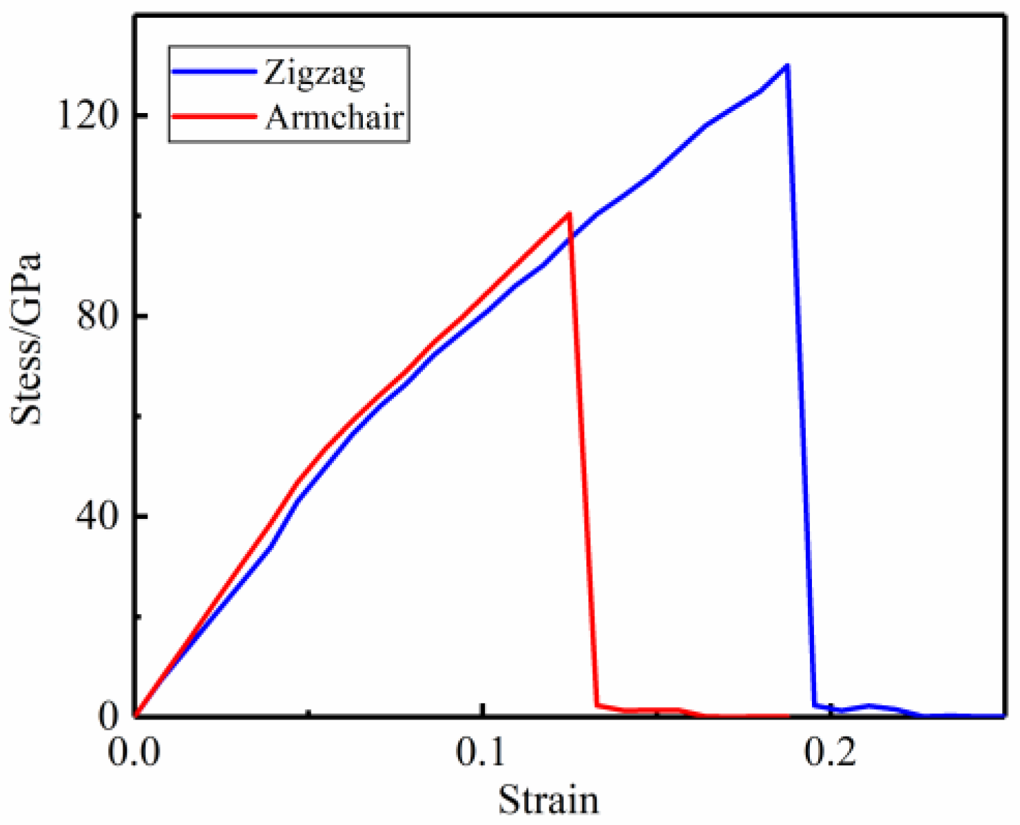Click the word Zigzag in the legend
pyautogui.click(x=314, y=73)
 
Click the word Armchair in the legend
pyautogui.click(x=334, y=117)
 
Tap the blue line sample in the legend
pyautogui.click(x=214, y=72)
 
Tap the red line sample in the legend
pyautogui.click(x=214, y=116)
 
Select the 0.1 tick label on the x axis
pyautogui.click(x=483, y=752)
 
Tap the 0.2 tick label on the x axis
pyautogui.click(x=831, y=752)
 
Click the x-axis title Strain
pyautogui.click(x=548, y=800)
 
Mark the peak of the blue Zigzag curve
pyautogui.click(x=787, y=65)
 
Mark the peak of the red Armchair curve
pyautogui.click(x=569, y=213)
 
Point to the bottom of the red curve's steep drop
pyautogui.click(x=596, y=704)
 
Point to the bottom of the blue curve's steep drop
pyautogui.click(x=815, y=705)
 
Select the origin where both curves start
pyautogui.click(x=135, y=716)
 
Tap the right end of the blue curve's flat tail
pyautogui.click(x=1002, y=716)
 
